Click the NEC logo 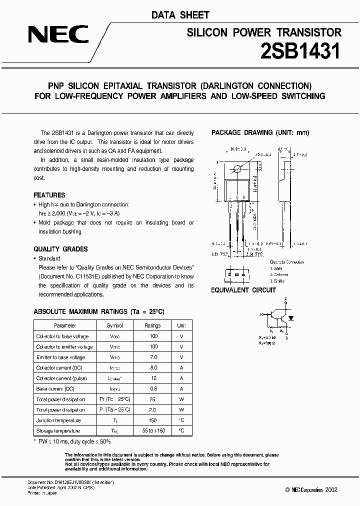tap(58, 35)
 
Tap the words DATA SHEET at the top tap(180, 15)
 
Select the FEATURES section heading tap(49, 195)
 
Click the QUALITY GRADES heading tap(60, 248)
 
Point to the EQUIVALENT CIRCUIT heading tap(243, 290)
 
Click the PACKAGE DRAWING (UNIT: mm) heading tap(260, 132)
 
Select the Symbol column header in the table tap(114, 325)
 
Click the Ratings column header tap(153, 325)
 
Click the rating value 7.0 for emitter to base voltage tap(153, 357)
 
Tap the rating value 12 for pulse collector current tap(153, 378)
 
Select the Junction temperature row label tap(58, 420)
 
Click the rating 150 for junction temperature tap(153, 420)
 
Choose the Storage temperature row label tap(58, 431)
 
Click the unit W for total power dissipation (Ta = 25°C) tap(181, 410)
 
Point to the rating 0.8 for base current tap(153, 389)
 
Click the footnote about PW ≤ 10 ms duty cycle tap(72, 442)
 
